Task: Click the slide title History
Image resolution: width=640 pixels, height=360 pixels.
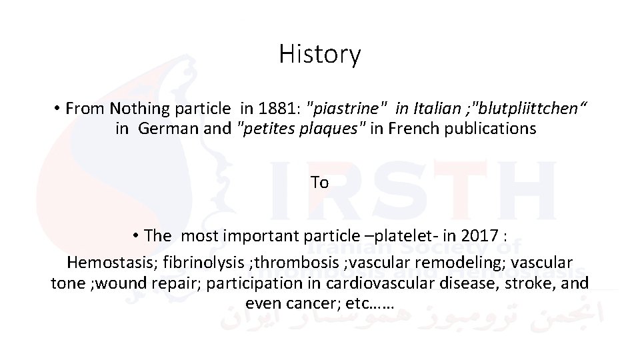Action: click(320, 54)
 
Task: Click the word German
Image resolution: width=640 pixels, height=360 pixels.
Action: click(167, 128)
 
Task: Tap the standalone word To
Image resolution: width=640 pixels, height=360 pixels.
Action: click(319, 182)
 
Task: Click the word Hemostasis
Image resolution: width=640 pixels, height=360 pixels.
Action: click(109, 263)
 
